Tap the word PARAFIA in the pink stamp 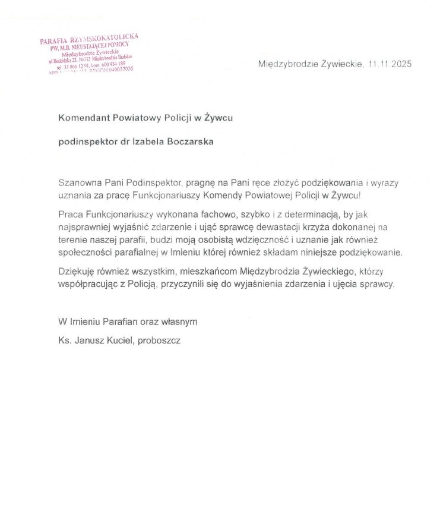[x=53, y=41]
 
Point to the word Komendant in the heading [x=82, y=118]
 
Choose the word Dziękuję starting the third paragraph [x=77, y=272]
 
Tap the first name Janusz [x=86, y=341]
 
